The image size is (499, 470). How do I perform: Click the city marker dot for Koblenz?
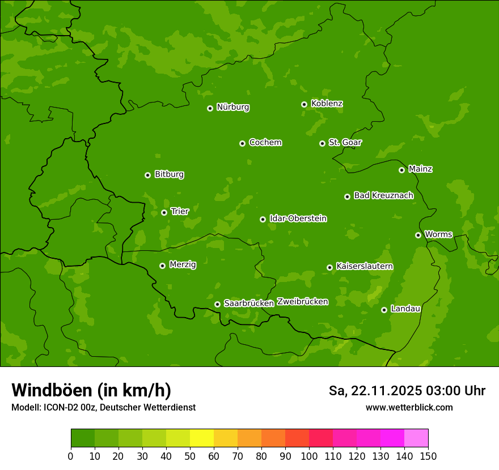click(304, 104)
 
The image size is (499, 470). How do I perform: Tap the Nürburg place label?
click(232, 107)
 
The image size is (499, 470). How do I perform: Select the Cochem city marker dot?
click(242, 143)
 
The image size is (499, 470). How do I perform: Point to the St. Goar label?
click(345, 142)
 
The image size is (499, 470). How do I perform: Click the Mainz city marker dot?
click(401, 170)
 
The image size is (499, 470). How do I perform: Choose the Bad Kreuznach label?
click(383, 195)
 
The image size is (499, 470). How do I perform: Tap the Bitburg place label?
click(169, 174)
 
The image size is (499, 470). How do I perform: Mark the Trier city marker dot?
click(164, 212)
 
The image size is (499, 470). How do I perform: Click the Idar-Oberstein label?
click(298, 218)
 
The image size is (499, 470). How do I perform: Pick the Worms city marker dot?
click(418, 235)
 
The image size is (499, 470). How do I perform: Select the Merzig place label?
click(183, 264)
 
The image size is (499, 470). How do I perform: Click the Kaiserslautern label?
click(365, 266)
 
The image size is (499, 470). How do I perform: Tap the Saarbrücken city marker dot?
click(217, 304)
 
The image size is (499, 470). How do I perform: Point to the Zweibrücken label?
click(302, 301)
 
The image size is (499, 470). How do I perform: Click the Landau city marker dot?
click(384, 310)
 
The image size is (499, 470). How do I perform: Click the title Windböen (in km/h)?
click(91, 390)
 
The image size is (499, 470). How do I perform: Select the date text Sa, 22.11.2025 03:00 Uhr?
click(407, 391)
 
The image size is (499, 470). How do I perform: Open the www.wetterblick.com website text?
click(409, 408)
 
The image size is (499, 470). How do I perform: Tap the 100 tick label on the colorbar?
click(309, 456)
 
